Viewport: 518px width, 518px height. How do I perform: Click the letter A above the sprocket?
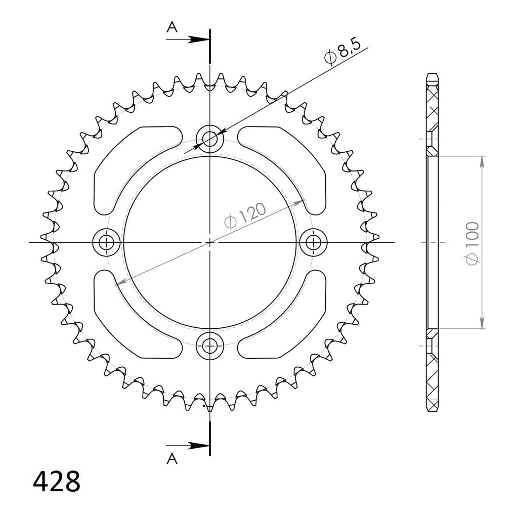click(x=172, y=27)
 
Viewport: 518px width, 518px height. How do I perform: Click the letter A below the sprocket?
click(x=172, y=458)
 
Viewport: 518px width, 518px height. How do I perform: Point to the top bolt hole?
click(x=210, y=139)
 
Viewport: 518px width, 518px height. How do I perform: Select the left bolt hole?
click(x=106, y=243)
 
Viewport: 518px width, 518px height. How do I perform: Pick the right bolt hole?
click(x=313, y=243)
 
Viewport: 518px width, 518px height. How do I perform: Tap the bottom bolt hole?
click(x=210, y=346)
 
